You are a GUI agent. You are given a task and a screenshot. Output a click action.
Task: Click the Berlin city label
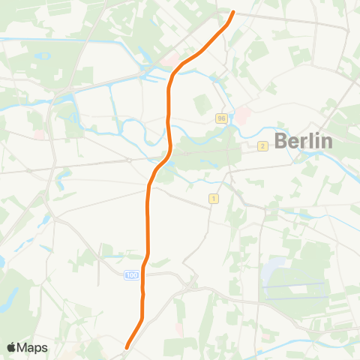pos(303,140)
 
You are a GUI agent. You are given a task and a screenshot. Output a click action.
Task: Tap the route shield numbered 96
pos(220,118)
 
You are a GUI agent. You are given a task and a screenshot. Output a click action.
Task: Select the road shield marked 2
pos(262,146)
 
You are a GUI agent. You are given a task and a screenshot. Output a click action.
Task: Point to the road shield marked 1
pos(214,198)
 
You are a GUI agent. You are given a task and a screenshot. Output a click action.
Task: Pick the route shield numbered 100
pos(132,276)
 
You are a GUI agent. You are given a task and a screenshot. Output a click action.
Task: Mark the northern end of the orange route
pos(233,12)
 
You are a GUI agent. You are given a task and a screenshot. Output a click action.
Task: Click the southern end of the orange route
pos(127,347)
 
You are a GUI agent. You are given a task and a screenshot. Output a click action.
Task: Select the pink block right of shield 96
pos(242,116)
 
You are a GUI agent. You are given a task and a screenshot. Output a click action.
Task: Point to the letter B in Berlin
pos(280,140)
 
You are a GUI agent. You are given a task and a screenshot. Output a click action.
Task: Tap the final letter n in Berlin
pos(325,140)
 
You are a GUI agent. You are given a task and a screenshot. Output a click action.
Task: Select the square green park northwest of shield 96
pos(202,104)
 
